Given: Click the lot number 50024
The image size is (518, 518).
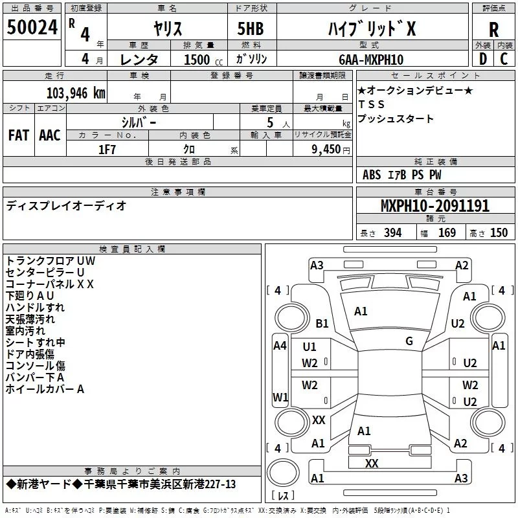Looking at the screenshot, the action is (x=32, y=27).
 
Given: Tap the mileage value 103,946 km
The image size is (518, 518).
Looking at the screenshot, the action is (x=76, y=93).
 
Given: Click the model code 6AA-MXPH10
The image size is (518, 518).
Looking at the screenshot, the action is (x=371, y=60).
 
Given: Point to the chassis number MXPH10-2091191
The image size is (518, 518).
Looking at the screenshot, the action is (x=435, y=205).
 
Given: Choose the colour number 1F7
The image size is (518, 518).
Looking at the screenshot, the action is (x=107, y=150).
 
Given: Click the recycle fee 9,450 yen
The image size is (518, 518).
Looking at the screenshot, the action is (x=331, y=150).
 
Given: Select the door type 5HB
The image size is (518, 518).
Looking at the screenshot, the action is (x=251, y=28).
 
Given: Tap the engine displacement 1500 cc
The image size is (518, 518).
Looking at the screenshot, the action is (x=203, y=60).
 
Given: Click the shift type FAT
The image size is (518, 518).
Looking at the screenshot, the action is (x=19, y=135).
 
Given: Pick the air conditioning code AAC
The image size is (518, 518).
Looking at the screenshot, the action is (x=50, y=135).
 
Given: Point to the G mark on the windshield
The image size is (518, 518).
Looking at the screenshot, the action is (x=409, y=341).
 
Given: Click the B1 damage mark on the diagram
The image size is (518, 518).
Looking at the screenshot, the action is (x=322, y=323).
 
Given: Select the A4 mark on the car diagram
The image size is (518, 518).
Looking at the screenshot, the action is (x=280, y=346).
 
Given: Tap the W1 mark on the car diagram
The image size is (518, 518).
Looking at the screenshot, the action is (x=280, y=397).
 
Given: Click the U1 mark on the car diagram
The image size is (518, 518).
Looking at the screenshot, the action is (x=310, y=347).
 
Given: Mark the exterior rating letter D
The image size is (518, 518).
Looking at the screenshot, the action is (x=483, y=59).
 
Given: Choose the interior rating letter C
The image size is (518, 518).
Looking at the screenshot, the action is (x=504, y=59).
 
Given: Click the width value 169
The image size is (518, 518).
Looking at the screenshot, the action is (x=447, y=232).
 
